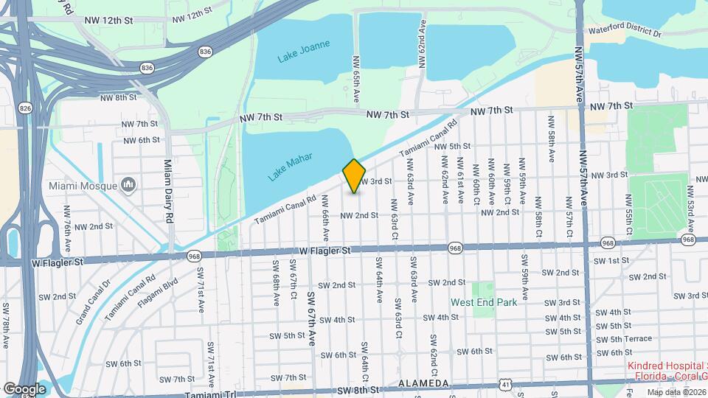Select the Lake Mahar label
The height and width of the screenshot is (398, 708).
[x=290, y=167]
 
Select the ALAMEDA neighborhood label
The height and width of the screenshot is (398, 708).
[x=423, y=384]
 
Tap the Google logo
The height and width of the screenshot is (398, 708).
[x=24, y=388]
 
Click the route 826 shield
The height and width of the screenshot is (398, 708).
[x=26, y=108]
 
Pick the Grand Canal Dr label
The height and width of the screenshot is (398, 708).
[x=92, y=303]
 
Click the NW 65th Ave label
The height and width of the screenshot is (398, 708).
[x=355, y=78]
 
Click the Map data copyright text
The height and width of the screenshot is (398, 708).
[x=675, y=391]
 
